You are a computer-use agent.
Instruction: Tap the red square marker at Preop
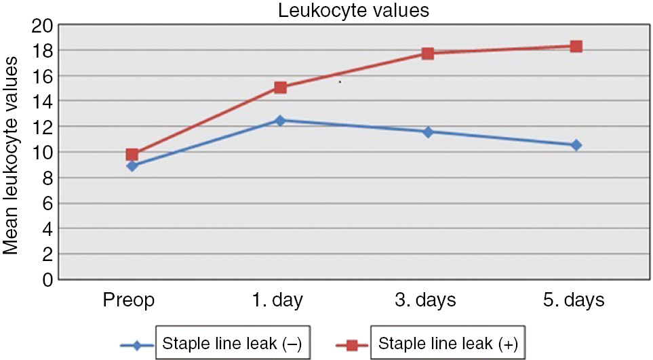tap(132, 155)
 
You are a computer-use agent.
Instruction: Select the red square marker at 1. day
tap(280, 87)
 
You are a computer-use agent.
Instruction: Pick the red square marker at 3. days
tap(428, 53)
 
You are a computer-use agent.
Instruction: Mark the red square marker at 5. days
tap(576, 46)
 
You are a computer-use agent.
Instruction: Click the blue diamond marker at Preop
tap(132, 165)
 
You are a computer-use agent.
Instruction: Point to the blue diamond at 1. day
tap(280, 121)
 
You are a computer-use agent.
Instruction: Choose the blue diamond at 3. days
tap(428, 132)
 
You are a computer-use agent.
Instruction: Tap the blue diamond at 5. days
tap(576, 145)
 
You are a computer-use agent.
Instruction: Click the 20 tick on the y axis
tap(43, 26)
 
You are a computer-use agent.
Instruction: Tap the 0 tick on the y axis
tap(47, 279)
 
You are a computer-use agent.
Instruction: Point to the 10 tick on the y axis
tap(43, 153)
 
